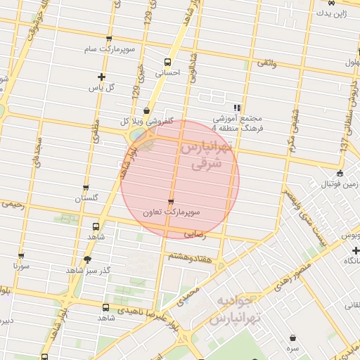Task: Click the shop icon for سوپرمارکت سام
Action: click(108, 39)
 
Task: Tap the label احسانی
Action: click(167, 72)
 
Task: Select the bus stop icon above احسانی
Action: click(167, 61)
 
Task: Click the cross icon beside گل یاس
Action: click(102, 77)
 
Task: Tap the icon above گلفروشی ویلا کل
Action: click(146, 110)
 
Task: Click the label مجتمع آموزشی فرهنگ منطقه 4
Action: click(236, 122)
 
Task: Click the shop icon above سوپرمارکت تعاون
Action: click(170, 202)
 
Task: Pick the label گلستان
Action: click(89, 199)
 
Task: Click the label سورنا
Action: click(20, 266)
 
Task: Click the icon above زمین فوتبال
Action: click(340, 174)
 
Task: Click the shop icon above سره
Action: click(292, 338)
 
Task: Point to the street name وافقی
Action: click(267, 63)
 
